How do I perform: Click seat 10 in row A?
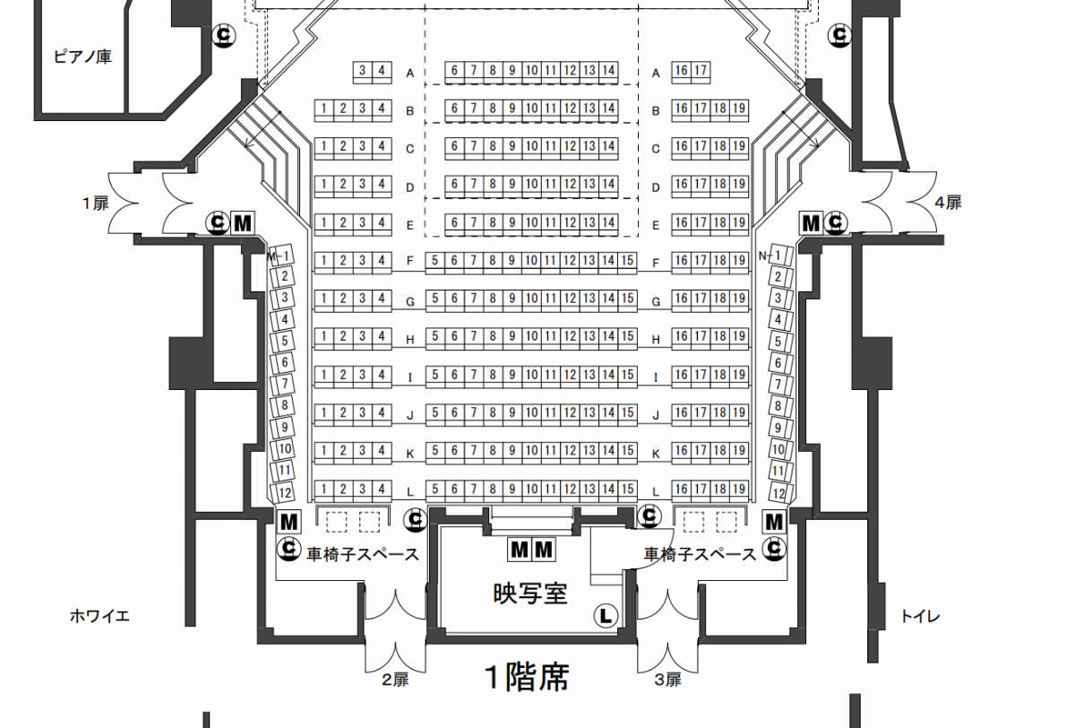(531, 71)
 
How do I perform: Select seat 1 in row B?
(324, 108)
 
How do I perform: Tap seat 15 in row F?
(627, 261)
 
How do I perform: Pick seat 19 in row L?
(739, 490)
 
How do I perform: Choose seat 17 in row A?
(701, 71)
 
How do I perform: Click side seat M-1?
(280, 256)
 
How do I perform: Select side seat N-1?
(776, 256)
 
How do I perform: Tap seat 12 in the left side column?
(284, 492)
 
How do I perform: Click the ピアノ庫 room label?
(82, 56)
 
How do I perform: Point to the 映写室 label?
(530, 594)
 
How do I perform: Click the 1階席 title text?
(527, 677)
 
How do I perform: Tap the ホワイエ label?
(99, 616)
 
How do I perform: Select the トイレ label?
(920, 616)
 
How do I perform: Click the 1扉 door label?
(96, 204)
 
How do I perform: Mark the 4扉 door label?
(949, 203)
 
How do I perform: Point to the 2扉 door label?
(395, 680)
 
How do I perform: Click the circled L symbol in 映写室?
(606, 616)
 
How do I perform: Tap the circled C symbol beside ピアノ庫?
(224, 35)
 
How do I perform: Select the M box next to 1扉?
(243, 223)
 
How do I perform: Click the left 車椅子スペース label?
(363, 555)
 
